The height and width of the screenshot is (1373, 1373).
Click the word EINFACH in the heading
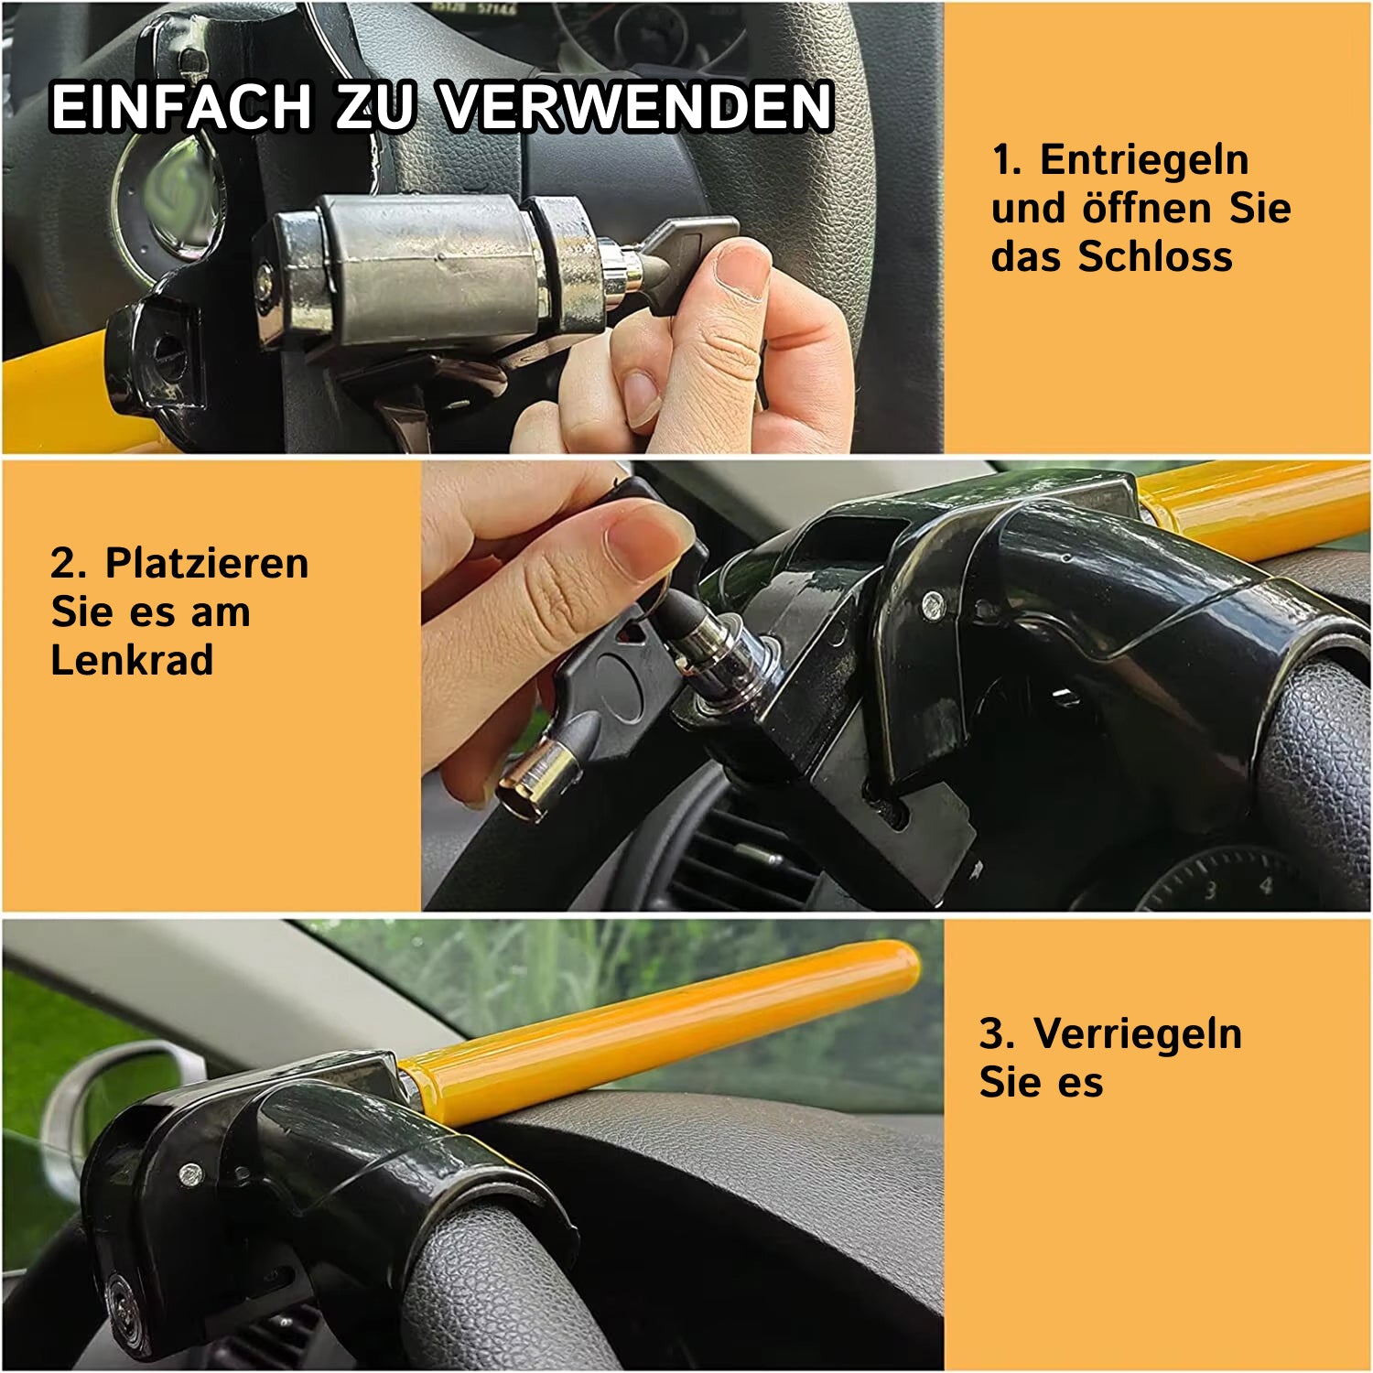coord(181,106)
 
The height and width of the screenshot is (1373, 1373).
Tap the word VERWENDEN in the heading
coord(637,106)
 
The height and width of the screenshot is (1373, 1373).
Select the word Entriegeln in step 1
coord(1144,160)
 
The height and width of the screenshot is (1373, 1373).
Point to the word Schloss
coord(1155,256)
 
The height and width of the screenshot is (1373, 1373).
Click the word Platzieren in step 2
coord(207,563)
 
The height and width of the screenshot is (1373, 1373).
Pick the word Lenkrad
coord(132,660)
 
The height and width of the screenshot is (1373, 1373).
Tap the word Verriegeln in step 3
coord(1138,1034)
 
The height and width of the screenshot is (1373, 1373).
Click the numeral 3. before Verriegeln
coord(997,1034)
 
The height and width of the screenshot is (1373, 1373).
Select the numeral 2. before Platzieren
coord(69,563)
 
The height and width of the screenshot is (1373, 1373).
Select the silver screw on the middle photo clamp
coord(932,603)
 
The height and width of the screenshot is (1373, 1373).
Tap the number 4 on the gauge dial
coord(1266,886)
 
